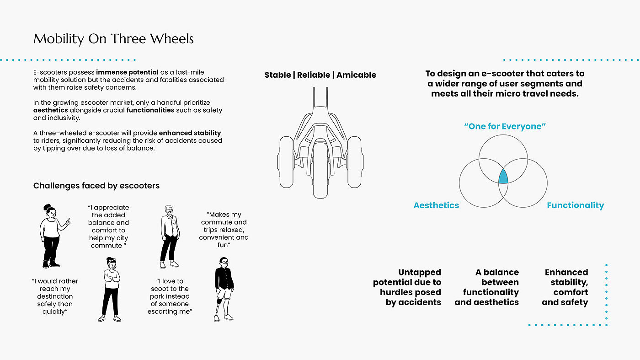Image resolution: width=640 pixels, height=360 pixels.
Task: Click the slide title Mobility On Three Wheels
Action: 113,39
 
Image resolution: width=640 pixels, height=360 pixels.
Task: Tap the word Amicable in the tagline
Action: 356,75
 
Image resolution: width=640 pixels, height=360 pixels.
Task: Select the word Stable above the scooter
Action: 277,75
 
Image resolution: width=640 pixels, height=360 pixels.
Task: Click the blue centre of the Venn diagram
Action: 503,177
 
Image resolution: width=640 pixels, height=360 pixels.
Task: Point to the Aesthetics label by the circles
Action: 436,205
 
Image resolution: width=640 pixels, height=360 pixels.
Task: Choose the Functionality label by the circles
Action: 576,205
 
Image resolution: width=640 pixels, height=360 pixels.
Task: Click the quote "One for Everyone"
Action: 505,126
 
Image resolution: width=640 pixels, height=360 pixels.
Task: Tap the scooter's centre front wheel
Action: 320,170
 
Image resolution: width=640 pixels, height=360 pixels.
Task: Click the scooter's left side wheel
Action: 286,162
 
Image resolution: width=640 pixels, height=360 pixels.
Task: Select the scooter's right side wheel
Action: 355,162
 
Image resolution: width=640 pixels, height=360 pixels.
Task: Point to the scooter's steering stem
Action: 320,99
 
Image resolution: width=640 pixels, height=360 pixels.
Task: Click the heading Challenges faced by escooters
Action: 96,186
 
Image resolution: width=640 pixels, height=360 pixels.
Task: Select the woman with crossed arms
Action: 111,290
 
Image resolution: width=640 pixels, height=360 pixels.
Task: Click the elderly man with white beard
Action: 170,237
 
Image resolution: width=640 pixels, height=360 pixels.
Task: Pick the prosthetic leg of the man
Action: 218,309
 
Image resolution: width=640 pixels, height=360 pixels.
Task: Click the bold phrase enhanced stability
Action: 190,133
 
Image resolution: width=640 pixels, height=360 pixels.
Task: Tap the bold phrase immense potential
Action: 127,72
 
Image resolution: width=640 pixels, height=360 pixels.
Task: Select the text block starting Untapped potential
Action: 407,287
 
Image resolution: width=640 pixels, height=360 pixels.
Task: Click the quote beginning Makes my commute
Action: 224,230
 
